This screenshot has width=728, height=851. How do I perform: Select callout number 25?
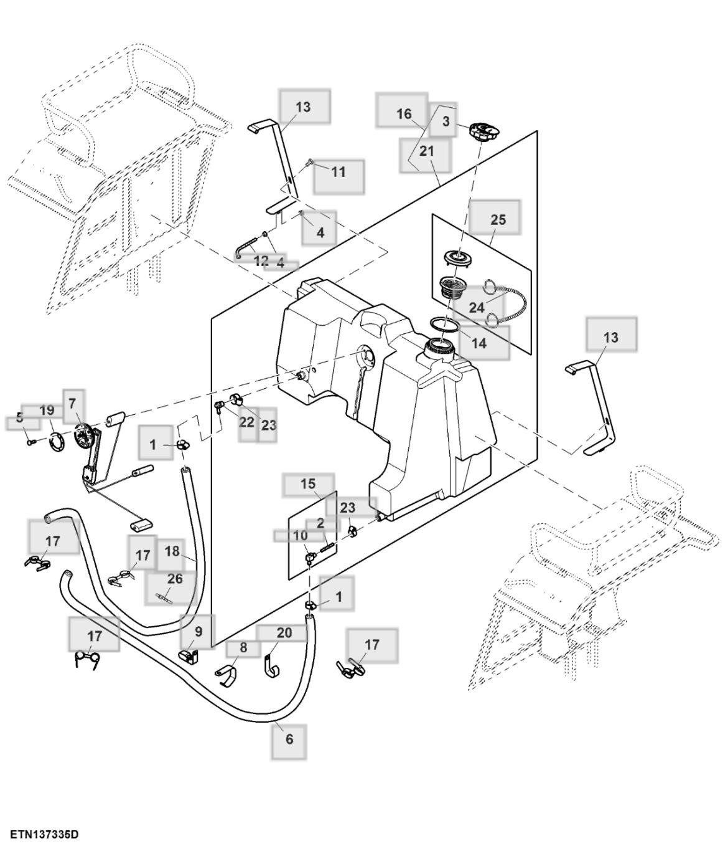coord(498,220)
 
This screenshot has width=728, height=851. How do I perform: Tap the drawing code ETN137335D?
coord(44,834)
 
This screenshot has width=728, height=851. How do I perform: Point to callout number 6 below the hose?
coord(289,739)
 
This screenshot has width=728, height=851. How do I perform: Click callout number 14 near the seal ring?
coord(478,343)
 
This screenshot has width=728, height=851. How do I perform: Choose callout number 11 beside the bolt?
coord(338,171)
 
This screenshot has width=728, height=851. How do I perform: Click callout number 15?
coord(308,484)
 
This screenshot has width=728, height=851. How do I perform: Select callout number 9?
coord(198,631)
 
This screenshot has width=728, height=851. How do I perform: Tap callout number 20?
coord(284,633)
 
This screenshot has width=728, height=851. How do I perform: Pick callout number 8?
coord(243,648)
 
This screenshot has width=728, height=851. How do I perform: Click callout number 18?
coord(172,551)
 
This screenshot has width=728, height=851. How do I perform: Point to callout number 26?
coord(175,579)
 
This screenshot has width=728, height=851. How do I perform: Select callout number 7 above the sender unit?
coord(73,404)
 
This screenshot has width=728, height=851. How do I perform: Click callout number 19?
coord(47,411)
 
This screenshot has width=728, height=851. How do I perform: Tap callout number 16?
coord(404,113)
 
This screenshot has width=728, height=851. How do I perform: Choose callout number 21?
coord(426,151)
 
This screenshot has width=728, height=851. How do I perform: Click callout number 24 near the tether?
coord(476,308)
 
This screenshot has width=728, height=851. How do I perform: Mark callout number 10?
coord(300,536)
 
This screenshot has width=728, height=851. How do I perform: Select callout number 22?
coord(247,422)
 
